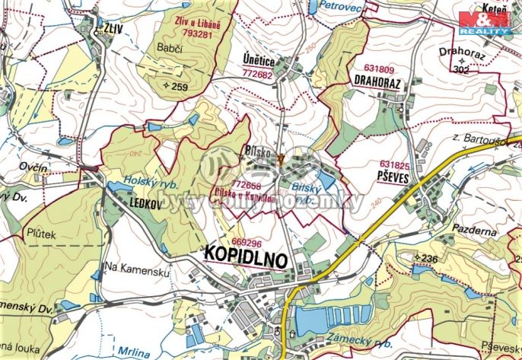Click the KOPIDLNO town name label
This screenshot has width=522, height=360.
(247, 257)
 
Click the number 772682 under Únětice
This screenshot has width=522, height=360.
(257, 75)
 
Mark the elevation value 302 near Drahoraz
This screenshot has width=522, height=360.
(460, 69)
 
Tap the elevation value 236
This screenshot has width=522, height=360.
(428, 259)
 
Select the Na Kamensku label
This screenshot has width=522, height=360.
(132, 267)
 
